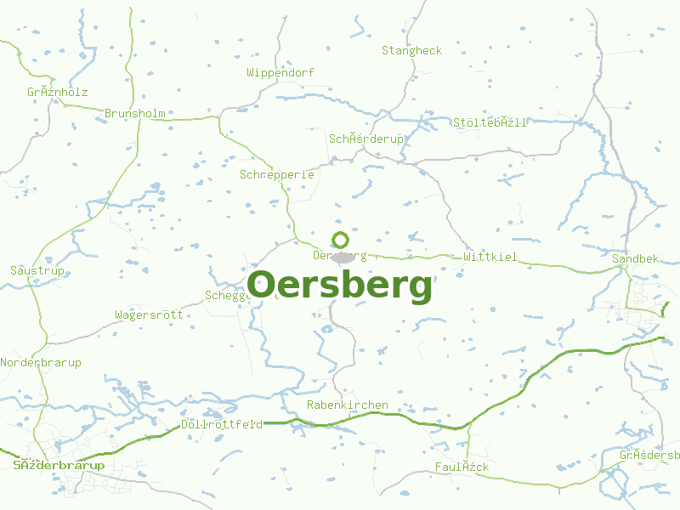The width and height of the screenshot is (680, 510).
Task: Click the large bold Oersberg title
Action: point(340,286)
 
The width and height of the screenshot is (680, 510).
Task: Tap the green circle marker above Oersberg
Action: point(340,240)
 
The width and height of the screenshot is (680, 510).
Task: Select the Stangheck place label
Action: point(411,51)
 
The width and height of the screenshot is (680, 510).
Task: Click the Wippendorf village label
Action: point(280,73)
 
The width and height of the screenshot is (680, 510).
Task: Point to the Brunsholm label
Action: point(135,113)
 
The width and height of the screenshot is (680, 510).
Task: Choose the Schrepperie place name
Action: point(277,175)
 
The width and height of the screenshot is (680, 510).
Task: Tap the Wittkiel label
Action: point(490,257)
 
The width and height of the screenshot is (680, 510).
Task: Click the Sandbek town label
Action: point(635,258)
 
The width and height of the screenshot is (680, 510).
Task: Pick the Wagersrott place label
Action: point(149,314)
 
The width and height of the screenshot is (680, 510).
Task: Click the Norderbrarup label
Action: point(41,363)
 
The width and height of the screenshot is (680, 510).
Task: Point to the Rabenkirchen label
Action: point(347,405)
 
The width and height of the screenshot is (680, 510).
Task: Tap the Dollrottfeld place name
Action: point(221,424)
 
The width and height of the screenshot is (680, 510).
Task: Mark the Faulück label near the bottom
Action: point(462,467)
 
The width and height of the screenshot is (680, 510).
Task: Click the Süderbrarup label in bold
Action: point(59,466)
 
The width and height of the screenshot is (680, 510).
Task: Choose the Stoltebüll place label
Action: point(490,122)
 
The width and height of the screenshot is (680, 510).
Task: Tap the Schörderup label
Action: point(366,139)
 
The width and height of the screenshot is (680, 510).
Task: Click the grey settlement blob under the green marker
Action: point(343,257)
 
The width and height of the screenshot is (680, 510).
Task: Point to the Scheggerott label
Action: point(229,296)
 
